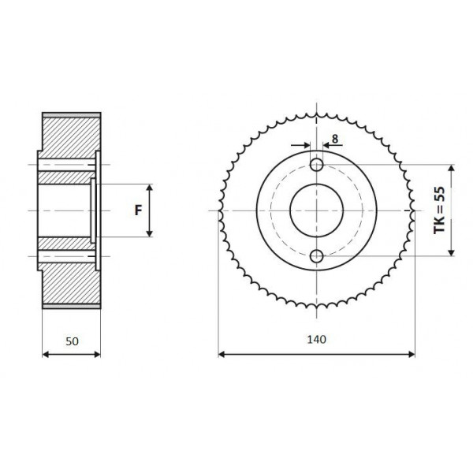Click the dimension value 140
point(316,340)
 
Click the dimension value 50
point(72,341)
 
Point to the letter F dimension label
point(137,210)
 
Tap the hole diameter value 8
point(335,139)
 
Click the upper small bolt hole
point(316,165)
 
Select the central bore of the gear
point(316,210)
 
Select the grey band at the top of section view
point(72,115)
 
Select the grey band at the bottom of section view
point(72,305)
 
